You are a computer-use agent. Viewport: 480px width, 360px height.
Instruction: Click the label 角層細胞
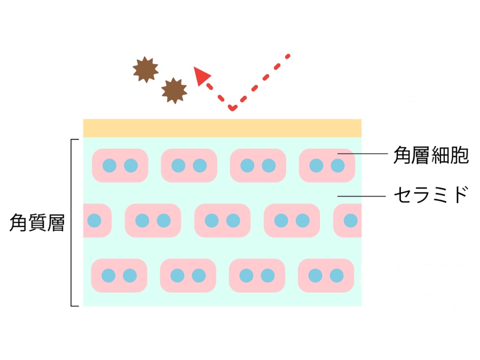431,155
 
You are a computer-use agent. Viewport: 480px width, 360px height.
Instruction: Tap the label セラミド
431,194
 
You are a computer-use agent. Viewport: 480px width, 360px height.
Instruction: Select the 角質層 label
37,223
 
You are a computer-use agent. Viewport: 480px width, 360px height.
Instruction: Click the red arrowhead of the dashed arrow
201,76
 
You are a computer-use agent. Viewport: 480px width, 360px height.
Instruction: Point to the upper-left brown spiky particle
146,70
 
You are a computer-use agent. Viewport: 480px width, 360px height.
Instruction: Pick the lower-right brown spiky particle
174,90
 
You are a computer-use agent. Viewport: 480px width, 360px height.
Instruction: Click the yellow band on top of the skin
222,128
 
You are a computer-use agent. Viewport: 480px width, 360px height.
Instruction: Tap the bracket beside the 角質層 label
71,223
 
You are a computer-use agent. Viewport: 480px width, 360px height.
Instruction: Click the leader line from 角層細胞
363,154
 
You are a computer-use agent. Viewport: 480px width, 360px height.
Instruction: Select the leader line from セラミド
361,196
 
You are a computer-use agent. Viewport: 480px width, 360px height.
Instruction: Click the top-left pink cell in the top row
120,166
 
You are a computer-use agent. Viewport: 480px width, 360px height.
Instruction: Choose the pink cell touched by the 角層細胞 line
327,166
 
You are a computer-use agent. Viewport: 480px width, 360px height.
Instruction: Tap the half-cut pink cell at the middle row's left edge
97,220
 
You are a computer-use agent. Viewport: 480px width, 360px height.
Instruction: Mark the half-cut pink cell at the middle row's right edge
347,220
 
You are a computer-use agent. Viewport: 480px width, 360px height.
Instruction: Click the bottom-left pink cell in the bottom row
119,275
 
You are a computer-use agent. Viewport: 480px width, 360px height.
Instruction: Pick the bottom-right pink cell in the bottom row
326,275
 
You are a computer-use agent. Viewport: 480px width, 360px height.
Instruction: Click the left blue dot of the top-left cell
109,166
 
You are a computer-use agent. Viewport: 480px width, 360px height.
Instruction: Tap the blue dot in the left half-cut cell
94,220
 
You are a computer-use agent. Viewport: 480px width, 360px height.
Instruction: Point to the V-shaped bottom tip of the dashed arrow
233,109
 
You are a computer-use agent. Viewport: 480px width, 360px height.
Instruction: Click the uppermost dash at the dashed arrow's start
288,56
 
